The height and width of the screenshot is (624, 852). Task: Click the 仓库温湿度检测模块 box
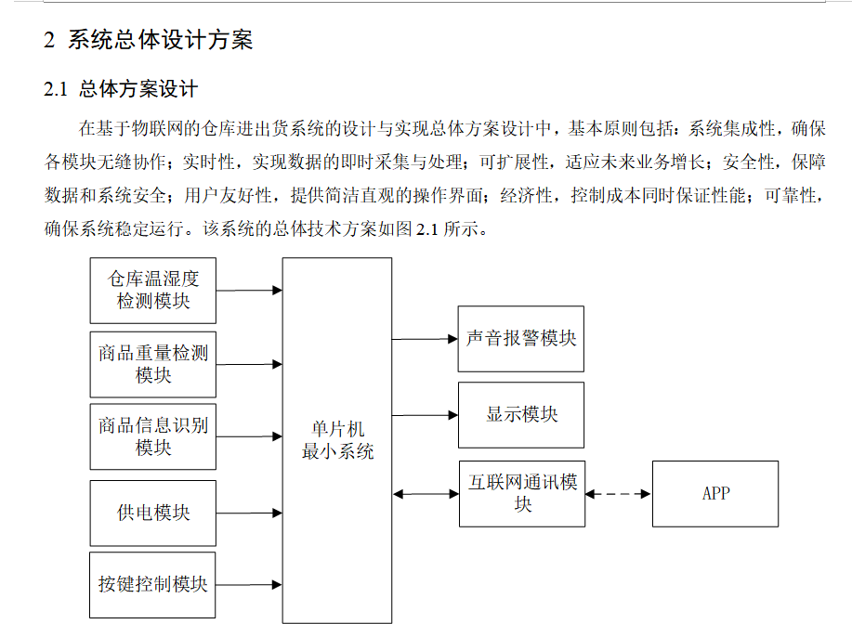tap(153, 290)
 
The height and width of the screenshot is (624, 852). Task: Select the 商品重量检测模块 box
tap(153, 364)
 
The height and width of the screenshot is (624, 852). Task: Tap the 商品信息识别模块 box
tap(153, 436)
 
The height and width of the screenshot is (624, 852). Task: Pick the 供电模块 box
tap(153, 513)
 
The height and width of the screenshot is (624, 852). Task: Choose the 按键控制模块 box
tap(153, 584)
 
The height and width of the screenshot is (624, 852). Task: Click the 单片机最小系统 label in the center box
tap(337, 440)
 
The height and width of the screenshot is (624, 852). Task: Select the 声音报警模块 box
tap(520, 339)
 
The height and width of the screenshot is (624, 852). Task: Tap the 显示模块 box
tap(520, 414)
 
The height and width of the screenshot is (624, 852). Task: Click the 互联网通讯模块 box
tap(522, 493)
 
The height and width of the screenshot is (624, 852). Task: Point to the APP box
tap(715, 493)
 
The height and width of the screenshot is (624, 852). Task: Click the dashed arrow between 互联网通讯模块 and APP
tap(619, 494)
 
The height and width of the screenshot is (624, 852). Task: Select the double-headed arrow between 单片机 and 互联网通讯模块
tap(426, 494)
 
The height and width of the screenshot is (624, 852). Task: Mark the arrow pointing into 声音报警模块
tap(426, 339)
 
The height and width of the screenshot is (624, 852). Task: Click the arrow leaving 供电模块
tap(249, 512)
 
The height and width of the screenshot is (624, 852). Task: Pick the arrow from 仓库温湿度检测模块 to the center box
tap(249, 291)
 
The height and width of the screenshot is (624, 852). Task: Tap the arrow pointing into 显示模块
tap(426, 415)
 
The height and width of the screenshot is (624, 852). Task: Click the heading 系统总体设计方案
tap(160, 40)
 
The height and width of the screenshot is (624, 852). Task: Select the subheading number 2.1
tap(57, 90)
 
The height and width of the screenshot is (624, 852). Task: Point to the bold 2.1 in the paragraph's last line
tap(426, 228)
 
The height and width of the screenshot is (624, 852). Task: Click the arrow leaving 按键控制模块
tap(249, 584)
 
